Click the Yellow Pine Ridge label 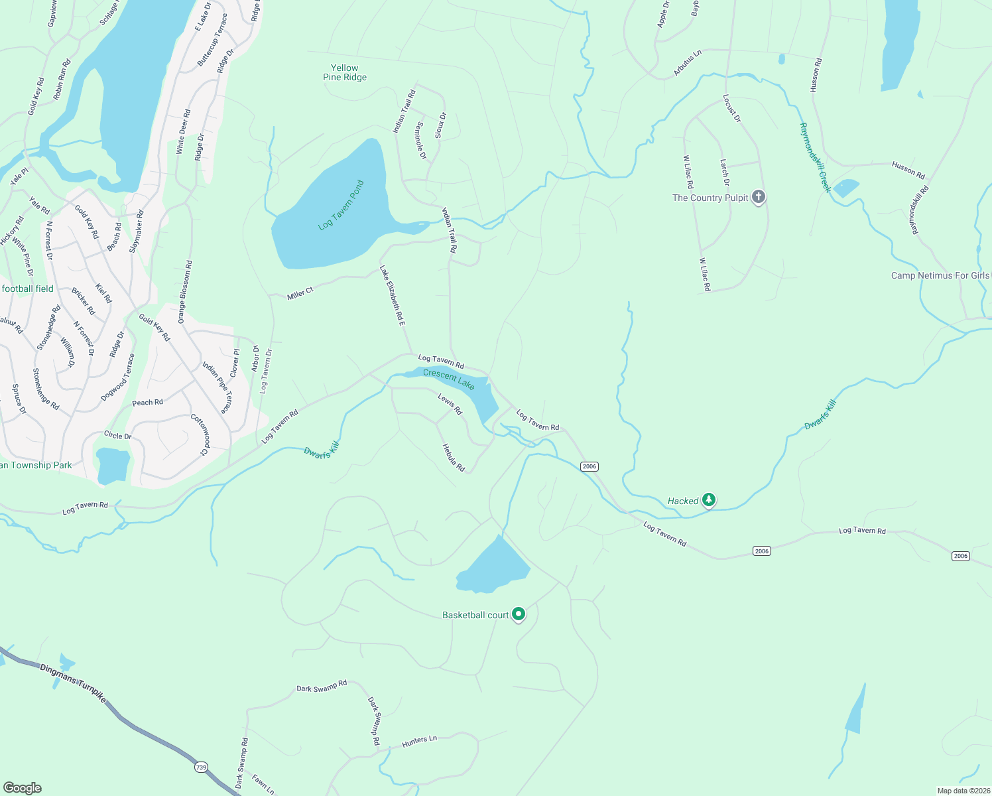pyautogui.click(x=345, y=73)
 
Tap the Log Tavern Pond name pyautogui.click(x=341, y=205)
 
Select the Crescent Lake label pyautogui.click(x=449, y=379)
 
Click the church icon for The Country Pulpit pyautogui.click(x=759, y=197)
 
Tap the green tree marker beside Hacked pyautogui.click(x=709, y=499)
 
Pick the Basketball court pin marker pyautogui.click(x=519, y=614)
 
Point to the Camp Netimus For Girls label pyautogui.click(x=940, y=276)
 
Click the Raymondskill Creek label pyautogui.click(x=815, y=157)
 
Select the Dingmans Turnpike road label pyautogui.click(x=72, y=683)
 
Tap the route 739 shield pyautogui.click(x=201, y=767)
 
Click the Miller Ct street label pyautogui.click(x=300, y=293)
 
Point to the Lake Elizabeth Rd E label pyautogui.click(x=392, y=295)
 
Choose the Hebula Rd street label pyautogui.click(x=454, y=458)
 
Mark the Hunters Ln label pyautogui.click(x=419, y=741)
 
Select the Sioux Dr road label pyautogui.click(x=441, y=125)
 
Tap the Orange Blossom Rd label pyautogui.click(x=185, y=292)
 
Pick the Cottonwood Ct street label pyautogui.click(x=200, y=435)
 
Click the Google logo pyautogui.click(x=23, y=787)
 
